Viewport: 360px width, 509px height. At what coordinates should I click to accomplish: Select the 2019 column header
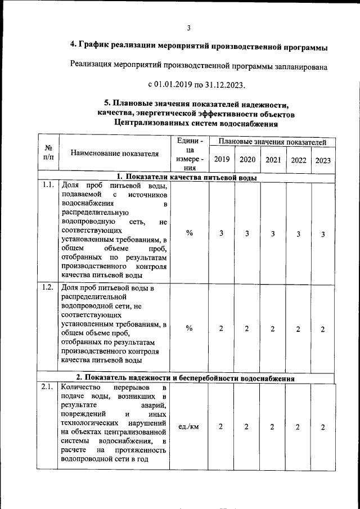click(x=222, y=159)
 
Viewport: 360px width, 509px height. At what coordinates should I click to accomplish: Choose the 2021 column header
click(x=273, y=159)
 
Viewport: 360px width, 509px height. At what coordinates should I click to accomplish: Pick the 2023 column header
click(x=323, y=160)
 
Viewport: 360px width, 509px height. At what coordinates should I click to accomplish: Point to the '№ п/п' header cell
click(x=48, y=152)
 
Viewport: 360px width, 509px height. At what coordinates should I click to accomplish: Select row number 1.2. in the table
click(x=48, y=288)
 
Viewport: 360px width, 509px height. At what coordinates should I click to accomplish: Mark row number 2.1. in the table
click(x=48, y=388)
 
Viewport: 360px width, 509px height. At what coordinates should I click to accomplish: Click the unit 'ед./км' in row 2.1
click(x=188, y=427)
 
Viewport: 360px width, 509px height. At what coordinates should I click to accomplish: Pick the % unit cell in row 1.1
click(x=190, y=233)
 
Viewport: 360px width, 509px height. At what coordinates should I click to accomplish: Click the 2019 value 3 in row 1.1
click(x=222, y=233)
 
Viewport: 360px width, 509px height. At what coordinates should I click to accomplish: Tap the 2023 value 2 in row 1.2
click(x=323, y=329)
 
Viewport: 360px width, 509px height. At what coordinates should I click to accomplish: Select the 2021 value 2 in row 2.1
click(x=272, y=427)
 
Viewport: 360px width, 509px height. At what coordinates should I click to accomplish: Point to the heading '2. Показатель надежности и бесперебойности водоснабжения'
click(x=186, y=379)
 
